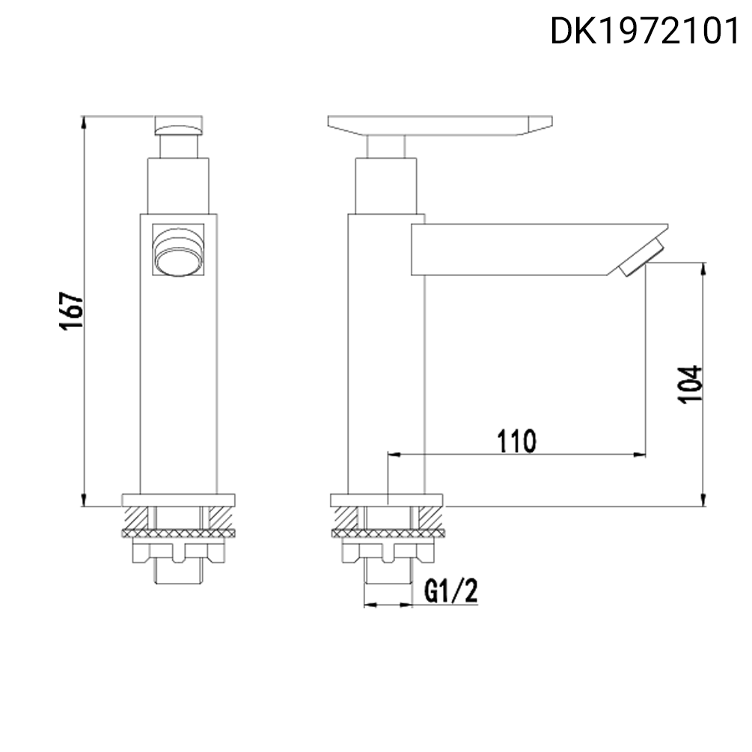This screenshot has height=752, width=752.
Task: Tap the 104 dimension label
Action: tap(691, 384)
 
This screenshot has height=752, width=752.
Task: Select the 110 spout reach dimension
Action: tap(517, 441)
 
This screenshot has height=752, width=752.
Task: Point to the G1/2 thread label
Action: tap(450, 592)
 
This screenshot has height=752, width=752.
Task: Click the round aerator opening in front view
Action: tap(178, 253)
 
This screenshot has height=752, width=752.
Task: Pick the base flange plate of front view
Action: tap(178, 500)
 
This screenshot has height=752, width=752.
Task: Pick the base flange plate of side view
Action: tap(387, 500)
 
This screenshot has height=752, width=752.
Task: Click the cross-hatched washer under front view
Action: tap(178, 534)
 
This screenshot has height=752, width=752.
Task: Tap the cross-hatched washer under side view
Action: tap(387, 534)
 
